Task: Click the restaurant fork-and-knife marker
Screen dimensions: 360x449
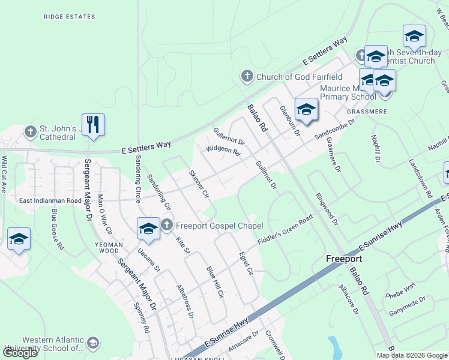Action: (93, 124)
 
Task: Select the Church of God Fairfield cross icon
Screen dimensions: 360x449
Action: (247, 76)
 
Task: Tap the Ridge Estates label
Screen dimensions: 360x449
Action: (70, 17)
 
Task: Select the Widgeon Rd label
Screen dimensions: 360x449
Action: (223, 150)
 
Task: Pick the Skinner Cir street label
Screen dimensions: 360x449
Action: (199, 185)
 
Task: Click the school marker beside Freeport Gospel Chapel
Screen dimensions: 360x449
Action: (148, 229)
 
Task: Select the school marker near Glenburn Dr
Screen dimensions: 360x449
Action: (306, 109)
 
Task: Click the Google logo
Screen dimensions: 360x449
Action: (20, 353)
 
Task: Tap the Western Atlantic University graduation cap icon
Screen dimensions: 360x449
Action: (92, 343)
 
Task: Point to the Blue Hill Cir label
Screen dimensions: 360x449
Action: (214, 283)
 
